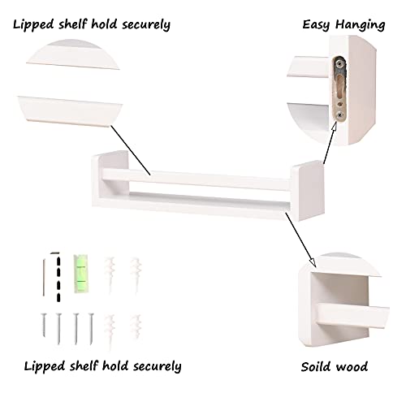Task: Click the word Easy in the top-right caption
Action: tap(316, 24)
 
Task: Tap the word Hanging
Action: tap(361, 25)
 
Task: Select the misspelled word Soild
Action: tap(315, 367)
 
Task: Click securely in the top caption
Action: tap(146, 25)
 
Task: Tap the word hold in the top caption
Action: tap(104, 24)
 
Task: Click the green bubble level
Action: tap(81, 274)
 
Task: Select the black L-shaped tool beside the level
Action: tap(58, 277)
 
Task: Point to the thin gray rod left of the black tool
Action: tap(44, 278)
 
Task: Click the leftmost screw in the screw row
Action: tap(44, 325)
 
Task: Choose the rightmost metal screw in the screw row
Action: tap(91, 329)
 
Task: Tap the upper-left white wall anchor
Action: tap(110, 274)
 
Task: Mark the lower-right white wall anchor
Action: tap(136, 327)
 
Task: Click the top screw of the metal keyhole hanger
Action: tap(339, 64)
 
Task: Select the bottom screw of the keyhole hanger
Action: tap(340, 115)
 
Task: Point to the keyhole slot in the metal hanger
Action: tap(339, 88)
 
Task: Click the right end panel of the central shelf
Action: tap(308, 190)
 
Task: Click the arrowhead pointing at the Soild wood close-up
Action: tap(312, 262)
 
